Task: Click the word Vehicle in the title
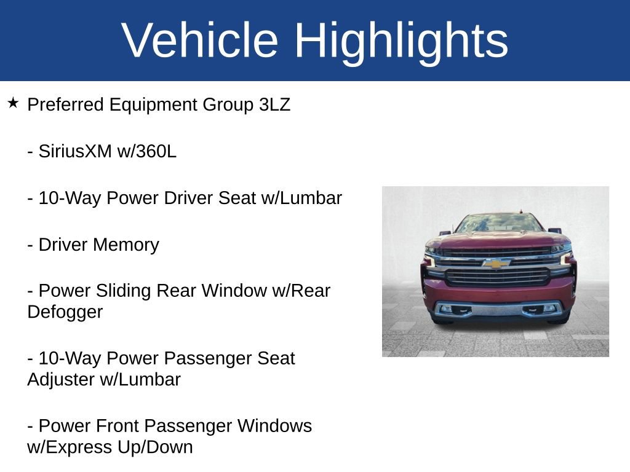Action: click(x=200, y=40)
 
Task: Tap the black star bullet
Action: click(x=13, y=103)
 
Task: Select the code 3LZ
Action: click(x=274, y=104)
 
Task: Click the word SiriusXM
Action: click(x=74, y=151)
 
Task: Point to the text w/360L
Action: click(x=146, y=151)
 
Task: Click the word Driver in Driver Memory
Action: click(x=63, y=245)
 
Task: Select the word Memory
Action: click(x=126, y=245)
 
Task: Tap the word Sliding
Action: click(x=123, y=291)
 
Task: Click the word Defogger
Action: click(x=65, y=312)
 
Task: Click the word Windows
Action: click(x=274, y=426)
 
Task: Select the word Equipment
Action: click(x=153, y=105)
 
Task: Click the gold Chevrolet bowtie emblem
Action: click(x=496, y=263)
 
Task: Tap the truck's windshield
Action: click(x=499, y=224)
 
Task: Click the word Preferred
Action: click(x=65, y=104)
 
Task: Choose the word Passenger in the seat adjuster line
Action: click(x=208, y=358)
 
